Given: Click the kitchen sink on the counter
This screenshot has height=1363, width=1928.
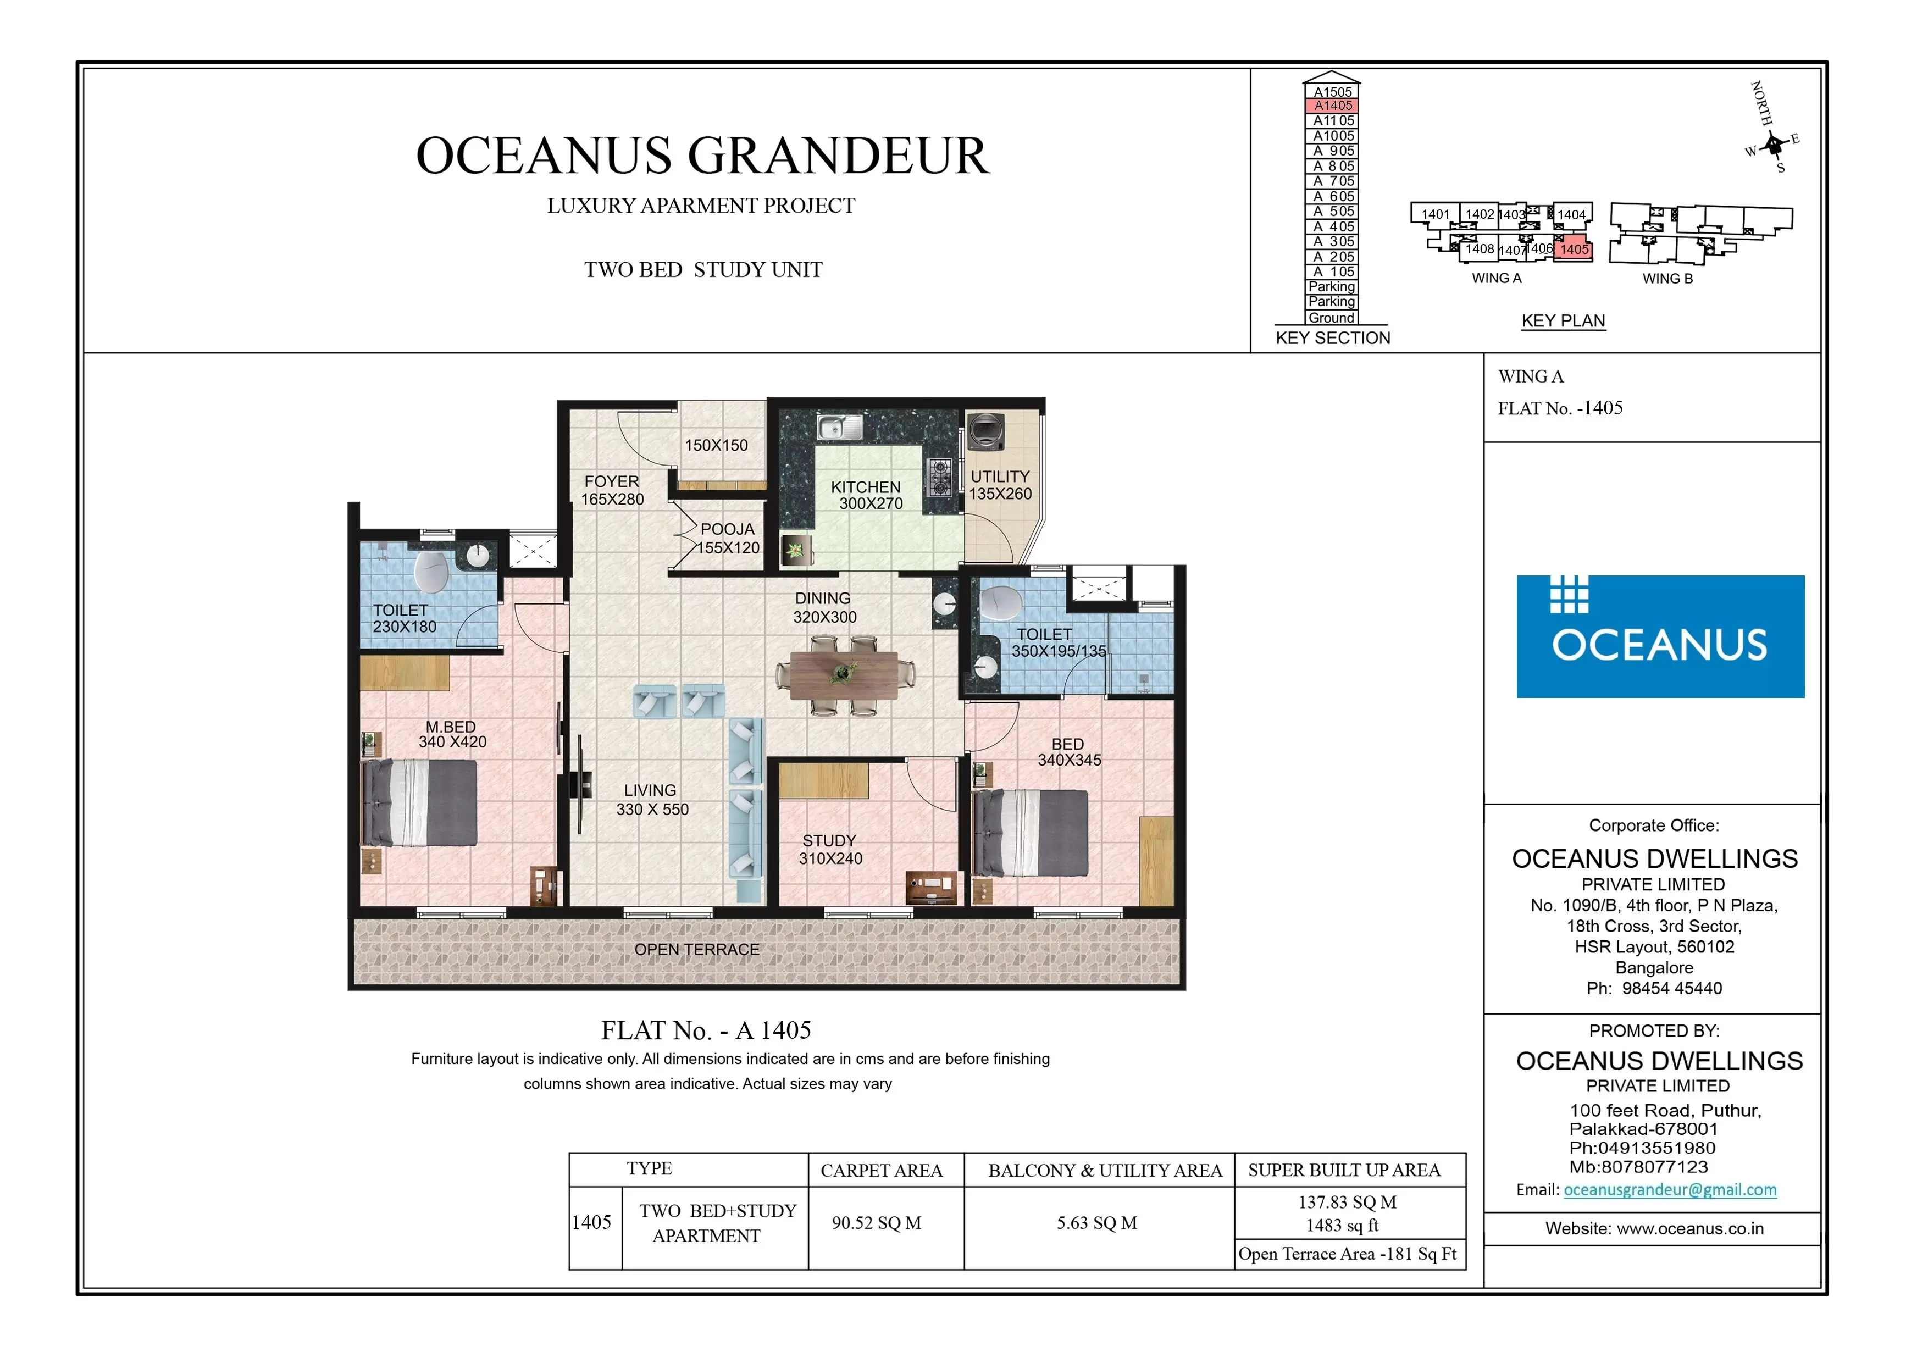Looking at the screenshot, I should pos(840,428).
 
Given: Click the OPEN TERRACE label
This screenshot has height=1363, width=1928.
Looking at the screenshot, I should pos(696,950).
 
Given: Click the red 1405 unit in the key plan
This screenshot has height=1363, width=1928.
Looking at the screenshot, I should pos(1573,250).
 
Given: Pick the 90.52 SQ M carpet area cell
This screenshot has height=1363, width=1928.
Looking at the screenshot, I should pos(877,1223).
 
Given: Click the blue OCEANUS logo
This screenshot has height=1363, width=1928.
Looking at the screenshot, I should pos(1659,636).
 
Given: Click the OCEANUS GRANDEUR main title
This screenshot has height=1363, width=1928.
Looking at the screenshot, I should pos(703,156).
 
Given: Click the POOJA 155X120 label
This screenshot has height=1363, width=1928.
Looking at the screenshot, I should pos(728,538).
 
